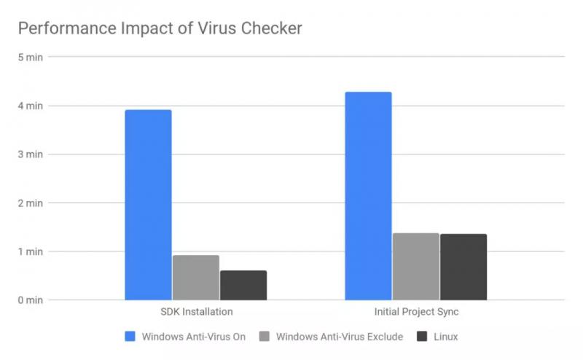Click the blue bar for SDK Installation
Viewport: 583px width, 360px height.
pyautogui.click(x=148, y=205)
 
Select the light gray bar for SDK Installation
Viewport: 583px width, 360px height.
pyautogui.click(x=195, y=278)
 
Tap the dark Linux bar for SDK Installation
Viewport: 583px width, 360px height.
pyautogui.click(x=243, y=285)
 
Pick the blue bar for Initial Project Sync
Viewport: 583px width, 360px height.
pyautogui.click(x=368, y=196)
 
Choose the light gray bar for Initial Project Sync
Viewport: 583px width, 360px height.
pyautogui.click(x=415, y=267)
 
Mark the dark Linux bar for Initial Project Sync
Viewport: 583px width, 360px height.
pyautogui.click(x=463, y=267)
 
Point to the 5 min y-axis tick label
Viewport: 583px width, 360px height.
pyautogui.click(x=31, y=58)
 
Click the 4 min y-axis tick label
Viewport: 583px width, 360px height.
pyautogui.click(x=31, y=106)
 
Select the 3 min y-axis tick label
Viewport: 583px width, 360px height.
pyautogui.click(x=31, y=154)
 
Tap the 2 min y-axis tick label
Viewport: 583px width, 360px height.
pyautogui.click(x=31, y=203)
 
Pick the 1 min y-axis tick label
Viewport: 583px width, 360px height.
pyautogui.click(x=31, y=251)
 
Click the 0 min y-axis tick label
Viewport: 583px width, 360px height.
pyautogui.click(x=31, y=300)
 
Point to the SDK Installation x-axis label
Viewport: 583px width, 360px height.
pyautogui.click(x=195, y=312)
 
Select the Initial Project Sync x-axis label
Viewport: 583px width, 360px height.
pyautogui.click(x=416, y=312)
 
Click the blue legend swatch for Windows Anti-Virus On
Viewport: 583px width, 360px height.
pyautogui.click(x=130, y=337)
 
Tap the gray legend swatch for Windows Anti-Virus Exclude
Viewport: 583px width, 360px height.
pyautogui.click(x=265, y=337)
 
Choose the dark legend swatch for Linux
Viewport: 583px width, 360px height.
pyautogui.click(x=421, y=337)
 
